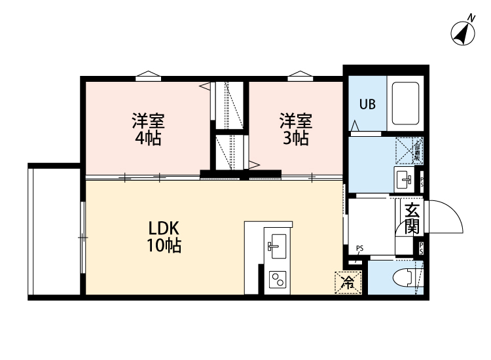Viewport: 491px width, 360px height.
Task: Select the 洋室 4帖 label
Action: [147, 129]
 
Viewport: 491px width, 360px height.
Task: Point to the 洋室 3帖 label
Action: [296, 129]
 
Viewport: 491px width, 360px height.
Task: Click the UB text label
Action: [366, 104]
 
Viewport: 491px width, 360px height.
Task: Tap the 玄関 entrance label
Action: [412, 219]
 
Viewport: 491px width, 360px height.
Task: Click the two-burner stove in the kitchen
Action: [277, 280]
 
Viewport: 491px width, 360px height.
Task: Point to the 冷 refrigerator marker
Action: [348, 283]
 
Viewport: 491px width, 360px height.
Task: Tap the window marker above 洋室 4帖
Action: [148, 74]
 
